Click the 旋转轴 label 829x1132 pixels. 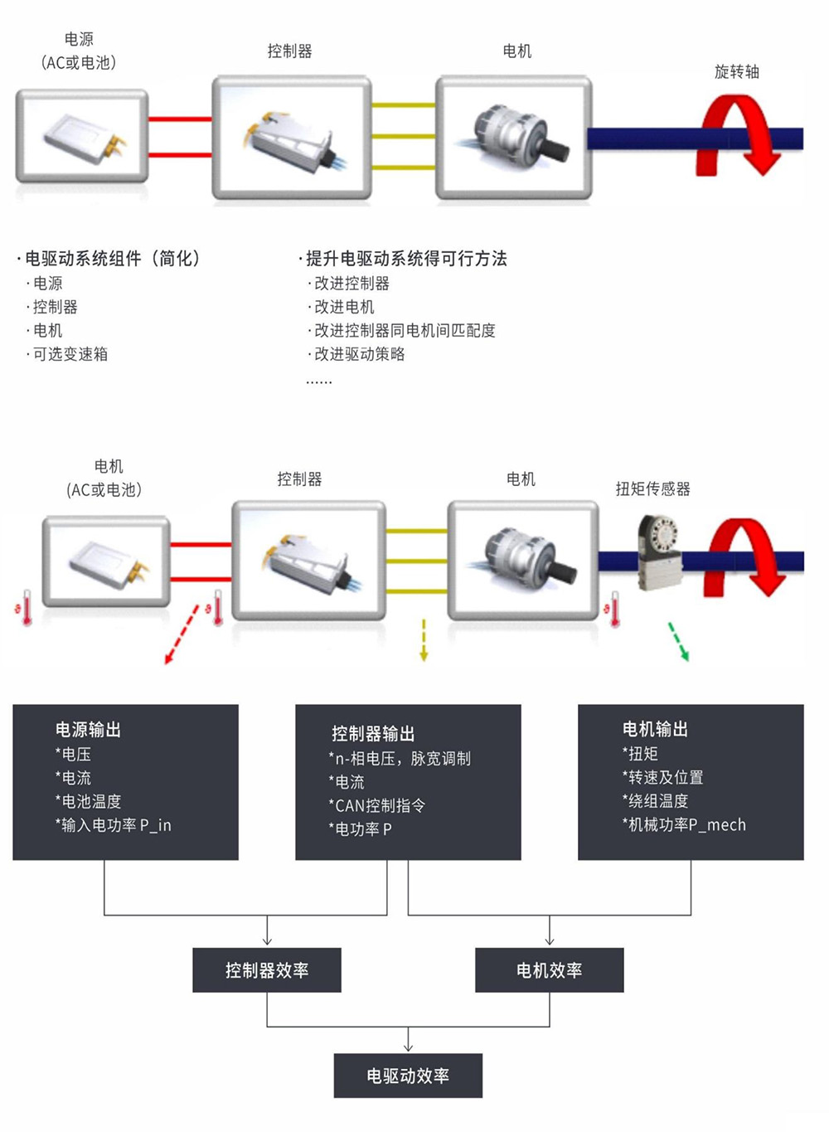point(736,72)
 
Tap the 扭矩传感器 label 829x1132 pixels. point(652,488)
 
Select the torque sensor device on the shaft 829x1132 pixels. point(657,551)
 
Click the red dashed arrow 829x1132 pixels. point(182,634)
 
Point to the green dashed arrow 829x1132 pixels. point(678,641)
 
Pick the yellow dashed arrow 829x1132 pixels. point(424,639)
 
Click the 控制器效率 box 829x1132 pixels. point(267,969)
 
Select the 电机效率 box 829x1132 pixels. point(549,969)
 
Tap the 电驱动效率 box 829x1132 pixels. point(408,1076)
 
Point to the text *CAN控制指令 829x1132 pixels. point(377,805)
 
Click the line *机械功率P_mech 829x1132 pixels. point(684,824)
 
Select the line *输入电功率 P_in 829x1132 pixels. point(114,824)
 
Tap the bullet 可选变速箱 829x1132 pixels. point(67,354)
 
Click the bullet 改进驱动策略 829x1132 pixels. point(356,354)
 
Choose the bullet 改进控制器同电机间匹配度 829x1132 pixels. point(401,331)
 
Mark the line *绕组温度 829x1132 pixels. point(655,800)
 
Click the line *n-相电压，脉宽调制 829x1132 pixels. point(400,758)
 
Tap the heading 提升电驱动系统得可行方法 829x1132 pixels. point(403,258)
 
